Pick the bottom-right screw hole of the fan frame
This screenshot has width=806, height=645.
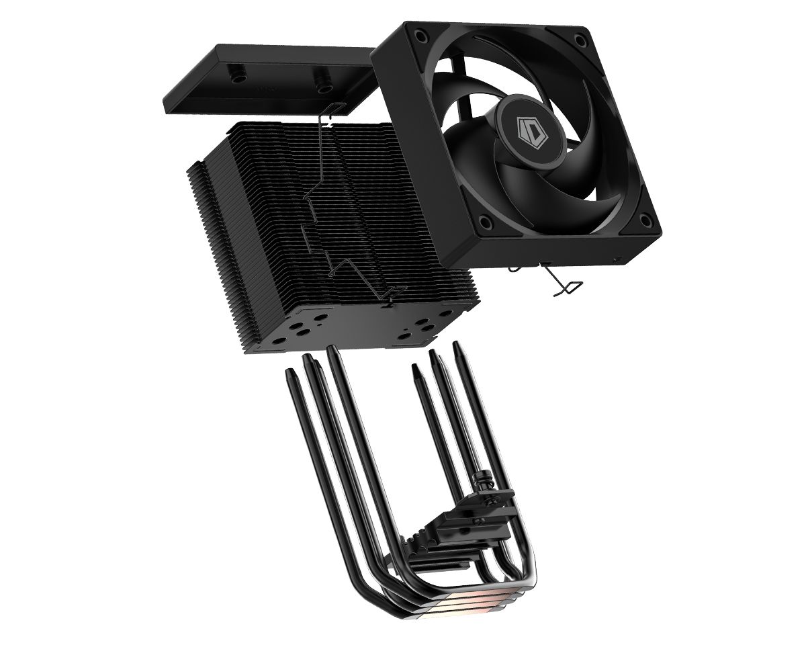645,219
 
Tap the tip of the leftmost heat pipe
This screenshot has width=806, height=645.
290,372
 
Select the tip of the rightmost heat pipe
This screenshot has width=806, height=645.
457,345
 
